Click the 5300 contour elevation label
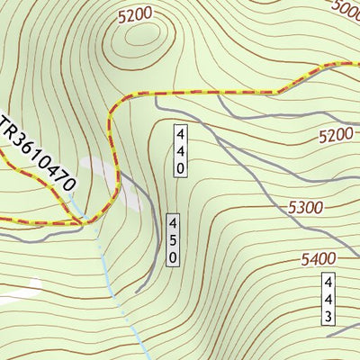pyautogui.click(x=306, y=208)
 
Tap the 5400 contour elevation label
pyautogui.click(x=319, y=260)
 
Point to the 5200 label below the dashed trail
pyautogui.click(x=335, y=135)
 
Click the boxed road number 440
pyautogui.click(x=181, y=149)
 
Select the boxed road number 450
pyautogui.click(x=173, y=239)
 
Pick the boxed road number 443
pyautogui.click(x=328, y=298)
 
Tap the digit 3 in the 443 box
pyautogui.click(x=328, y=316)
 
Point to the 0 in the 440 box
pyautogui.click(x=181, y=167)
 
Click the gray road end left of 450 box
pyautogui.click(x=137, y=292)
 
